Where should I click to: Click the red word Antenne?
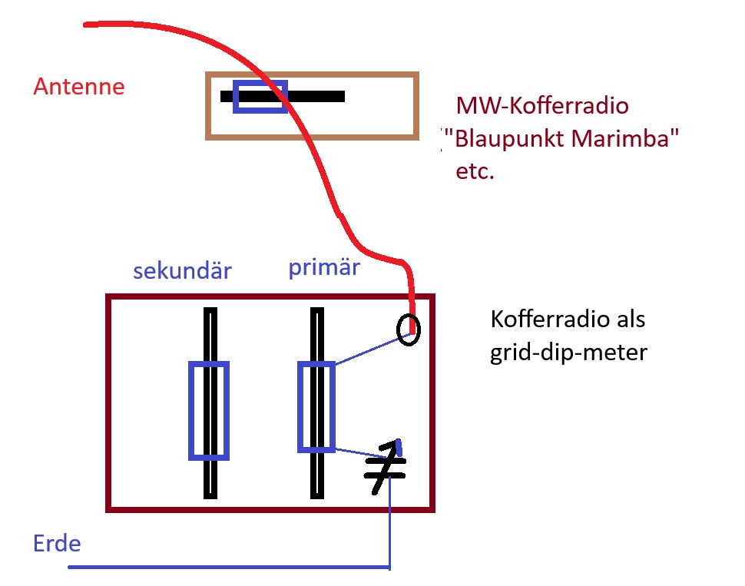(78, 86)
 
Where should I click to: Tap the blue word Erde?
(57, 544)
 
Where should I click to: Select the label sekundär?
(182, 271)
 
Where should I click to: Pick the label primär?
(324, 268)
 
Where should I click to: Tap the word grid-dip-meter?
(569, 353)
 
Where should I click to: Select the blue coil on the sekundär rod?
(209, 411)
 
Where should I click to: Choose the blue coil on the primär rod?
(316, 407)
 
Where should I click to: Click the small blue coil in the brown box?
(261, 97)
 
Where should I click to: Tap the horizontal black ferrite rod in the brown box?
(315, 97)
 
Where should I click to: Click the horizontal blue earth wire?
(230, 568)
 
